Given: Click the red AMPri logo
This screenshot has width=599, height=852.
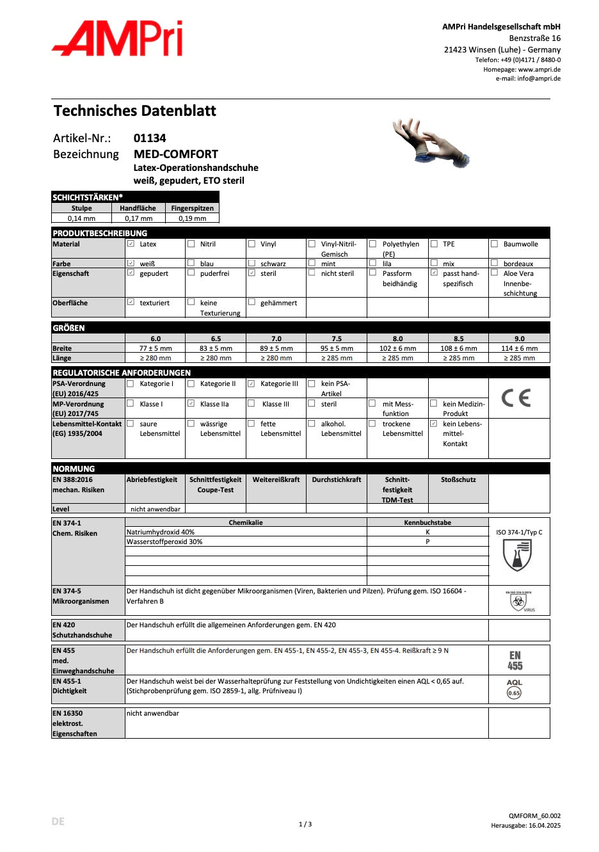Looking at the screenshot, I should [x=118, y=39].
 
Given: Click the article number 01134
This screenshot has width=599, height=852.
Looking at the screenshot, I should [x=150, y=138].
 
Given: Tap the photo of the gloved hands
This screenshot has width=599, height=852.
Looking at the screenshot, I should [x=431, y=143].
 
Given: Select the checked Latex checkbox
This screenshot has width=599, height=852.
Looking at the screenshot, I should [x=131, y=244].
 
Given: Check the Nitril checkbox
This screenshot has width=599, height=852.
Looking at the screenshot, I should [x=191, y=244].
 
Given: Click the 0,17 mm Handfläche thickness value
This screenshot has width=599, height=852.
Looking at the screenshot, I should [x=138, y=218].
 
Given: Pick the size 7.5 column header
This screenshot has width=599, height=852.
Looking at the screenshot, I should [x=337, y=339].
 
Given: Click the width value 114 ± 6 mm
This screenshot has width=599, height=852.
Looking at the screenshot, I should [x=519, y=348].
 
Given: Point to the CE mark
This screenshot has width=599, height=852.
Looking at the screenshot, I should [x=516, y=398].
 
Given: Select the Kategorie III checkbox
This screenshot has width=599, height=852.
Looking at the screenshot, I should [x=252, y=383].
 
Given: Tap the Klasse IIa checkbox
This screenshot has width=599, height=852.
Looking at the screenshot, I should [x=191, y=403].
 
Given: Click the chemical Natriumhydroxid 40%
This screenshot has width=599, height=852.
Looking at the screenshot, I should [x=161, y=532].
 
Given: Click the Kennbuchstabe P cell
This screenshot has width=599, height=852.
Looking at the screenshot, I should [x=427, y=542].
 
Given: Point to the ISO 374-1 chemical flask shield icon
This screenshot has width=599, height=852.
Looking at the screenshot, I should [x=517, y=555].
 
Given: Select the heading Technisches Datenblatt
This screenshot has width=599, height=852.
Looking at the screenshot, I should [x=135, y=111].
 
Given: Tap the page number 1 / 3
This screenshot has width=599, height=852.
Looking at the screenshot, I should [x=305, y=824].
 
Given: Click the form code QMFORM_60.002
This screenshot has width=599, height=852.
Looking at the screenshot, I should [x=534, y=816].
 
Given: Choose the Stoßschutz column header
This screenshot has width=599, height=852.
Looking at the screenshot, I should [x=458, y=479].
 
